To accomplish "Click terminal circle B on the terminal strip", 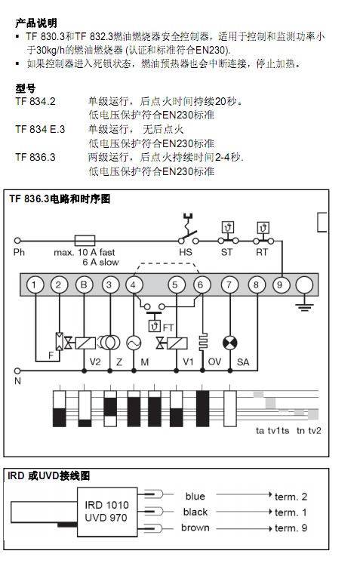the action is click(x=84, y=284).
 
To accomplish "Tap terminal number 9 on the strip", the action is click(x=279, y=284).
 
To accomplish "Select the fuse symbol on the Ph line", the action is click(x=85, y=240).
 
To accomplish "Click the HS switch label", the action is click(x=186, y=252).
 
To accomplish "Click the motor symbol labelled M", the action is click(x=134, y=343).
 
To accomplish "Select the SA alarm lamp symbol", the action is click(x=229, y=343).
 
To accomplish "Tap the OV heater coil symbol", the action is click(x=203, y=341).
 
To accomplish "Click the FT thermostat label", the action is click(x=168, y=328).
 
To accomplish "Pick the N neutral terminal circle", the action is click(x=17, y=371).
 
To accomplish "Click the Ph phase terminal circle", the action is click(x=17, y=240).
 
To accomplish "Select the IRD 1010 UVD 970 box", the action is click(x=107, y=512).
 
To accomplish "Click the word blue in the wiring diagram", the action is click(x=195, y=496).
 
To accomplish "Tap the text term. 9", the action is click(x=291, y=528).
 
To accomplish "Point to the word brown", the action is click(x=195, y=527).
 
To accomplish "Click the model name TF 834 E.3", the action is click(x=40, y=129).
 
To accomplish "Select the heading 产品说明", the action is click(x=36, y=23).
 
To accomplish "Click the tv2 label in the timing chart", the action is click(x=315, y=431).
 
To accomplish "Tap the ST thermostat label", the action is click(x=227, y=252).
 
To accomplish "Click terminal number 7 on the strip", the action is click(x=229, y=284).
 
